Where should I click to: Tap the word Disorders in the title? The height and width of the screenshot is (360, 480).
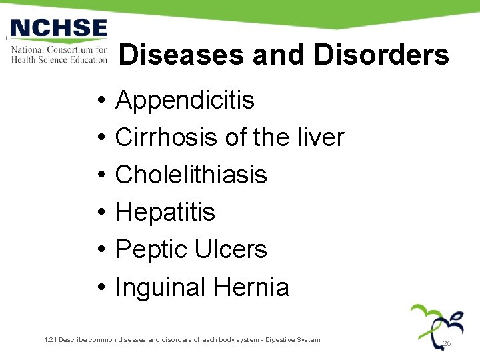(381, 55)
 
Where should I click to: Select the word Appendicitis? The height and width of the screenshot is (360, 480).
(185, 101)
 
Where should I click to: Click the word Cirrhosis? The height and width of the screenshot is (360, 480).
(167, 138)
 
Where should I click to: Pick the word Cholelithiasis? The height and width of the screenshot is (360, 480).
(191, 175)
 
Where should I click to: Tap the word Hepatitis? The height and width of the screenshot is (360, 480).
(165, 213)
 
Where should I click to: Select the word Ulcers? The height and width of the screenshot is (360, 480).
(231, 250)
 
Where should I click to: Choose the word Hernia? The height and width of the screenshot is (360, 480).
(251, 288)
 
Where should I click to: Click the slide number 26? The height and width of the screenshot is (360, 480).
(447, 343)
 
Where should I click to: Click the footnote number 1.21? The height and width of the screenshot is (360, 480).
(50, 340)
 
